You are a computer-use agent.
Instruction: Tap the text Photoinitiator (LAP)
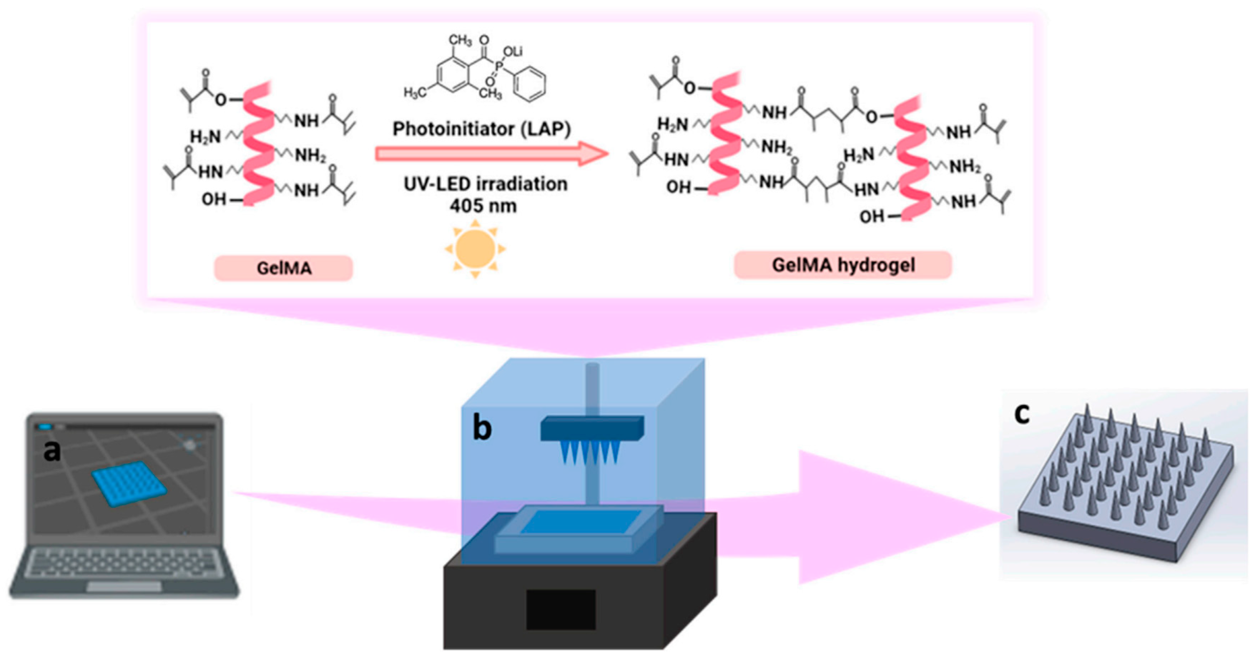point(481,129)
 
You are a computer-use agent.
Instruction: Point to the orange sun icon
point(475,249)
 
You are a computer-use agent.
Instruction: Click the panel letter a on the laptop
point(52,450)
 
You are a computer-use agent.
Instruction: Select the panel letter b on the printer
point(482,429)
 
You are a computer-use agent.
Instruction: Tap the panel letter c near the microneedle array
point(1021,414)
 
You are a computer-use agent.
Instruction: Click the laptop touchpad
point(124,587)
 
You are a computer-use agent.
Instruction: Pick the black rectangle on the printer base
point(560,609)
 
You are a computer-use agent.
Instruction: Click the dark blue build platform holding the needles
point(592,429)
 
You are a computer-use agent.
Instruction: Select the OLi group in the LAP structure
point(512,51)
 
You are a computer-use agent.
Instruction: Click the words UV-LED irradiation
point(485,184)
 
